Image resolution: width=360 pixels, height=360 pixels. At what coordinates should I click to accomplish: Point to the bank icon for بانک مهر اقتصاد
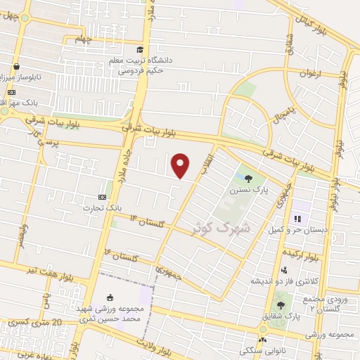[12, 92]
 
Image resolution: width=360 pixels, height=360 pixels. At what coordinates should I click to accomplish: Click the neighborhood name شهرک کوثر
[222, 227]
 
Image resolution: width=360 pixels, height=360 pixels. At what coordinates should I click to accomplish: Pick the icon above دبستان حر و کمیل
[297, 219]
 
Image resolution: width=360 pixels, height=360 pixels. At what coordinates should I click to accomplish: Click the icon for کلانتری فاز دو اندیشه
[284, 271]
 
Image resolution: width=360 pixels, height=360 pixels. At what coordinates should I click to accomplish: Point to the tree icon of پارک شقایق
[281, 305]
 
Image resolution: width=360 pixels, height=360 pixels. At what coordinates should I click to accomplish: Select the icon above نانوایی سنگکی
[262, 339]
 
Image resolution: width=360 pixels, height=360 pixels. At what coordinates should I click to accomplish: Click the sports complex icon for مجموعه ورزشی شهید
[108, 300]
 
